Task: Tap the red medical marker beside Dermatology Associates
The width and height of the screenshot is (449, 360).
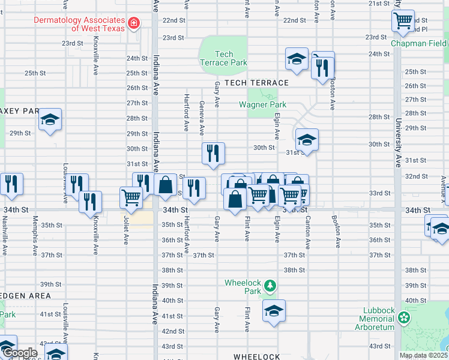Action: point(134,24)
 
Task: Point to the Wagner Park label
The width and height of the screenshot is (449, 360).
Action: point(263,104)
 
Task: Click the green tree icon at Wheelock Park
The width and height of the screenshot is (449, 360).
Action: point(270,286)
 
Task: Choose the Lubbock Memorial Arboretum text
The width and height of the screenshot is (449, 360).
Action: point(378,319)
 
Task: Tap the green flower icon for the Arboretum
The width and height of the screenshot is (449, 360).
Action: point(406,316)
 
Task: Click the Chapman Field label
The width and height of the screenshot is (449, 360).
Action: point(419,44)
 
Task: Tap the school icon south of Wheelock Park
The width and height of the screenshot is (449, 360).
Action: point(274,311)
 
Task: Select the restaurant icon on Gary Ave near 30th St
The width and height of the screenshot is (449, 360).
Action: point(213,154)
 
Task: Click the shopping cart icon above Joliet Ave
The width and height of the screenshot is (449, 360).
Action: point(131,196)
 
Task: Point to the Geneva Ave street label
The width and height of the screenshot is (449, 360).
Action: point(201,118)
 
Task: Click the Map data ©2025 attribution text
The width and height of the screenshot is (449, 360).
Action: point(423,355)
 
